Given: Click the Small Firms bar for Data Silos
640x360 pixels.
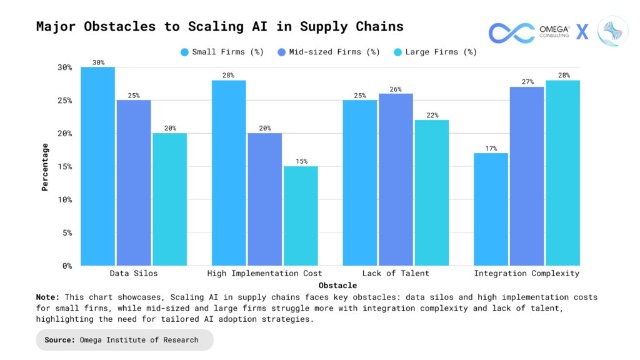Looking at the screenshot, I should pyautogui.click(x=98, y=166).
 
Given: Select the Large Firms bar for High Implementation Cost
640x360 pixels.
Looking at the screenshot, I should pyautogui.click(x=301, y=216).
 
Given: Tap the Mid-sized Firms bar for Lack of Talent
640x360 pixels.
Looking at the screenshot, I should pyautogui.click(x=396, y=179).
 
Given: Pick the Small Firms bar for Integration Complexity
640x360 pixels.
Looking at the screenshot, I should pyautogui.click(x=491, y=209).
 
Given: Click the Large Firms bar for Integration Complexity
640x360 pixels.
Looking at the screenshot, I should pyautogui.click(x=562, y=173).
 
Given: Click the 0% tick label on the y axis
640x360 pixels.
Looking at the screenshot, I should pyautogui.click(x=66, y=266).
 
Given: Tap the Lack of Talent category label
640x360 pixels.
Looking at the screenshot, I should pyautogui.click(x=396, y=274).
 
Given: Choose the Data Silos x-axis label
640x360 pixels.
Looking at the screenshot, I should pyautogui.click(x=134, y=274).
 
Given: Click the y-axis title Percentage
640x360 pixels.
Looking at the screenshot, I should pyautogui.click(x=45, y=166).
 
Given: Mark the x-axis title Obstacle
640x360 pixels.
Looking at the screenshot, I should pyautogui.click(x=326, y=285).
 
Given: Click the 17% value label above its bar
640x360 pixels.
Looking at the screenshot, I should pyautogui.click(x=491, y=149).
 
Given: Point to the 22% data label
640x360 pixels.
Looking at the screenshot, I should pyautogui.click(x=431, y=116).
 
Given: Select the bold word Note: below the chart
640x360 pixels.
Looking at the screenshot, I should pyautogui.click(x=48, y=297).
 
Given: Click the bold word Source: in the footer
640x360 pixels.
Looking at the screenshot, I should pyautogui.click(x=61, y=340).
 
